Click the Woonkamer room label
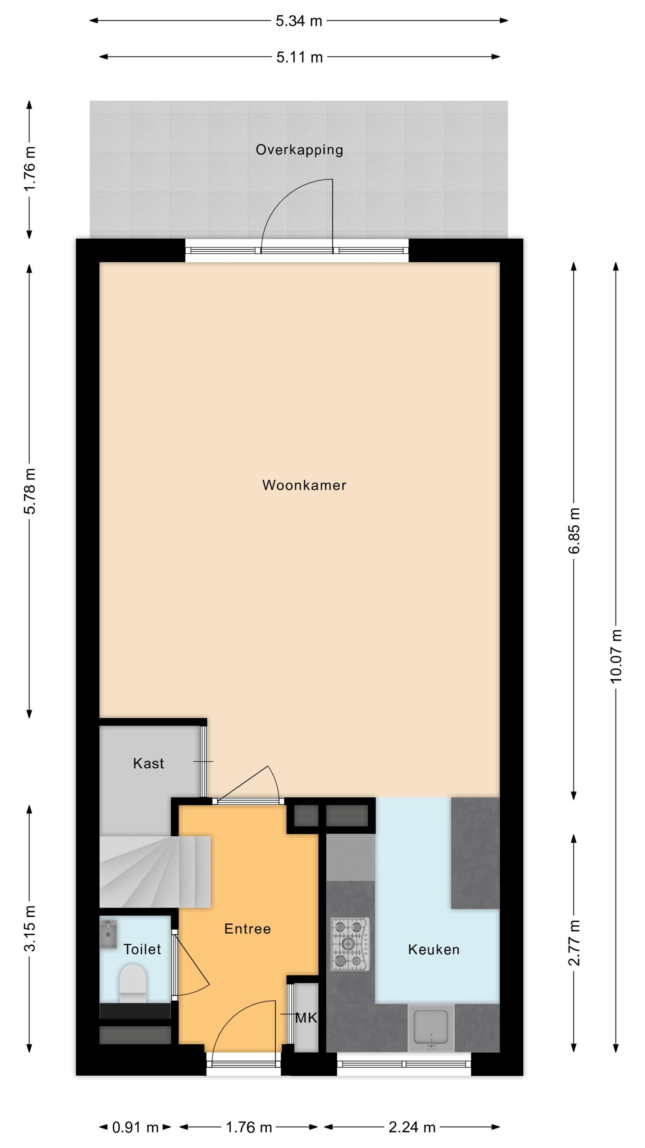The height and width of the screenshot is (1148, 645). (x=304, y=485)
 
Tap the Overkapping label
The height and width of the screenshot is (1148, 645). (x=299, y=150)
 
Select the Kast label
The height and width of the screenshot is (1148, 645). (x=148, y=763)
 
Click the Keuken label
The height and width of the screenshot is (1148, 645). (x=434, y=950)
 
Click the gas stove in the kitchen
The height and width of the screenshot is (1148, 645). (x=350, y=944)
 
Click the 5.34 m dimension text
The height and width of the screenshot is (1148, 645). (x=299, y=21)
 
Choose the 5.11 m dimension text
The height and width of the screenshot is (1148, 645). (x=299, y=57)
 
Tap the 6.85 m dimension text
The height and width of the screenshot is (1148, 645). (x=574, y=530)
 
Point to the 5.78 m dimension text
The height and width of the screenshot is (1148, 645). (x=30, y=491)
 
